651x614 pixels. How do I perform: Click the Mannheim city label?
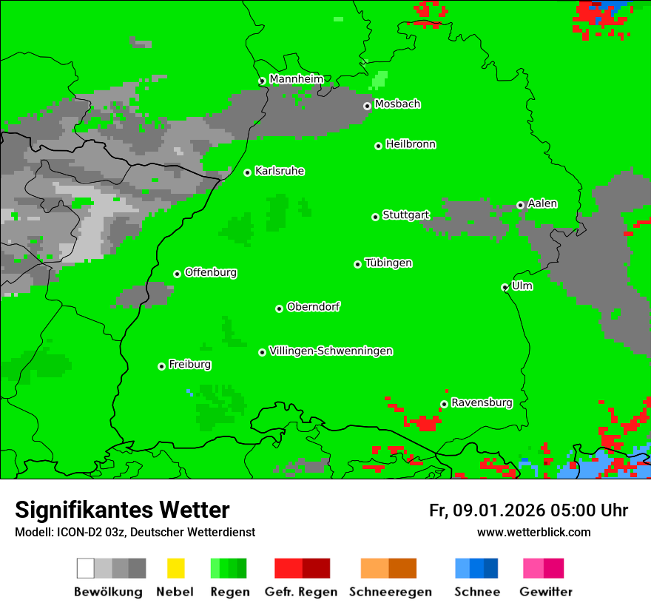(296, 79)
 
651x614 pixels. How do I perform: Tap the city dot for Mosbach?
(367, 106)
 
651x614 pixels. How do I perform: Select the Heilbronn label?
(411, 144)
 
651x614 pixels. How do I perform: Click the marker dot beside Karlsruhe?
(248, 172)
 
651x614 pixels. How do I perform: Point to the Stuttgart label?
(405, 215)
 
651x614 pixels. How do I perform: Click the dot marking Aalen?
(520, 205)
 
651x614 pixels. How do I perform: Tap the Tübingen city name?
(388, 263)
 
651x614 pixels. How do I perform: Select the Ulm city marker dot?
(505, 287)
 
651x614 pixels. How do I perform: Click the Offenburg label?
(211, 272)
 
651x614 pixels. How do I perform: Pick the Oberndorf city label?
(314, 306)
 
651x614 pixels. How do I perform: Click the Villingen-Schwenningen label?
(331, 351)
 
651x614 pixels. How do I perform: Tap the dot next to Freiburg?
(161, 366)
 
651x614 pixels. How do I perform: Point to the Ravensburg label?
(482, 402)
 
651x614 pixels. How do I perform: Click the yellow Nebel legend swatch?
(175, 568)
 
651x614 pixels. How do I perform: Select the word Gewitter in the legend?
(546, 592)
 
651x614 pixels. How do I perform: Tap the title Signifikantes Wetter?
(122, 510)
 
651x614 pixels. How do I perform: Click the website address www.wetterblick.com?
(534, 532)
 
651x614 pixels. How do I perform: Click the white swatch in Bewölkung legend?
(86, 568)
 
